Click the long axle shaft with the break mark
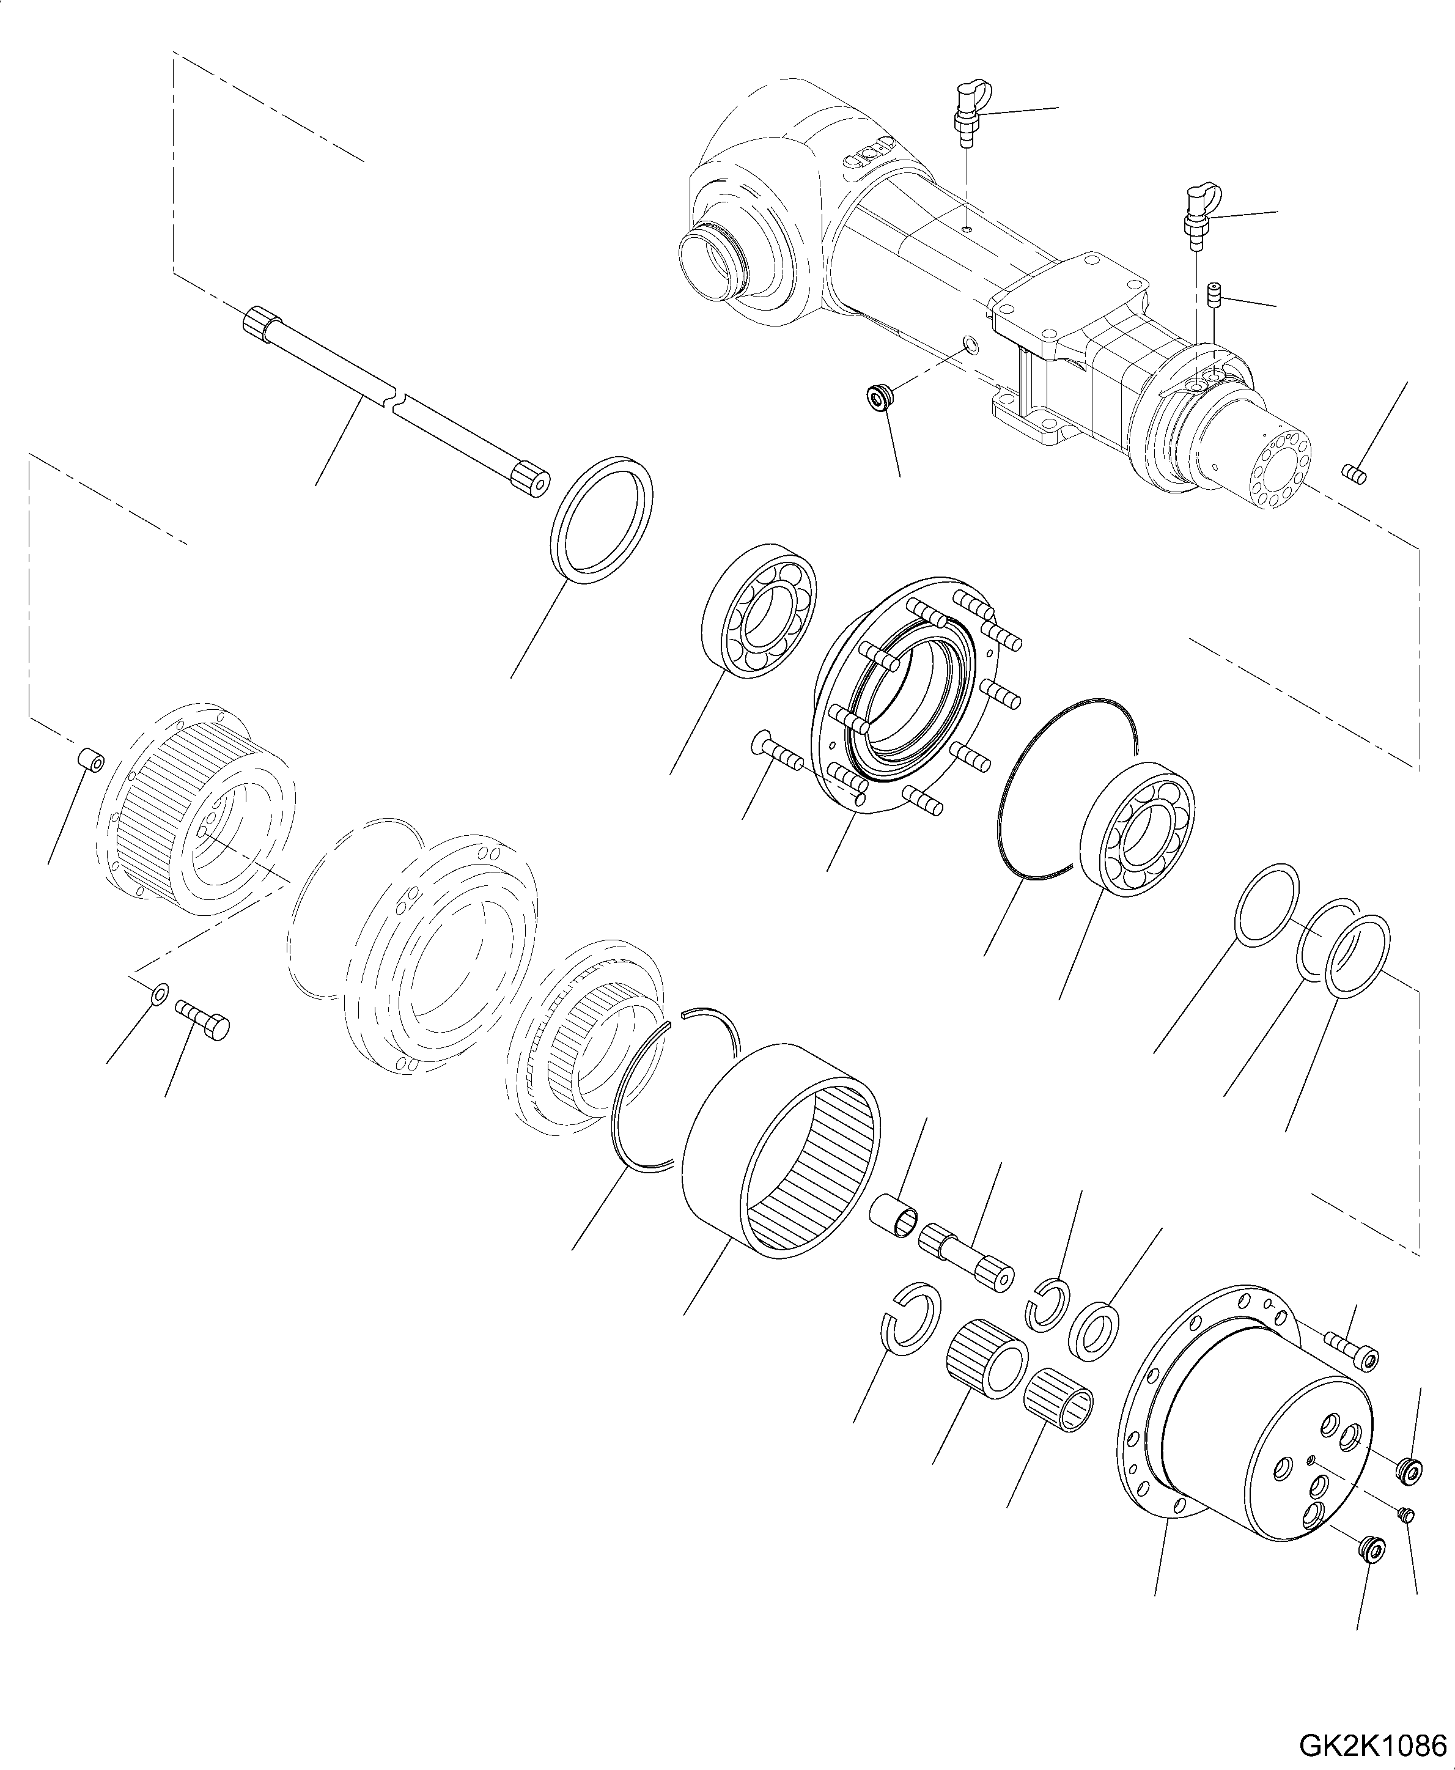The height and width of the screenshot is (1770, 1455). click(x=394, y=400)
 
